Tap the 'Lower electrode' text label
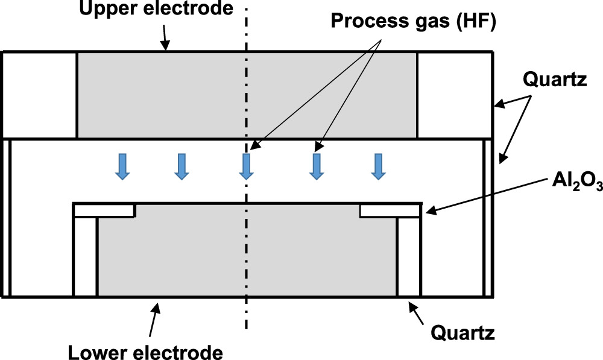click(x=145, y=350)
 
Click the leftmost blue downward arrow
click(x=122, y=166)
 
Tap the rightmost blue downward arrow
click(x=378, y=166)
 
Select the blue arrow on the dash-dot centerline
click(x=246, y=166)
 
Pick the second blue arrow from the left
click(x=181, y=166)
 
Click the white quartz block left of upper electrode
click(x=40, y=95)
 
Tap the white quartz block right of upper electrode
click(x=455, y=95)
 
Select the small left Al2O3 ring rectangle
click(x=104, y=210)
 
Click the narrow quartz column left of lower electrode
click(x=85, y=256)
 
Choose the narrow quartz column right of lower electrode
click(x=409, y=256)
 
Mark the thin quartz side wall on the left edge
click(x=7, y=217)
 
